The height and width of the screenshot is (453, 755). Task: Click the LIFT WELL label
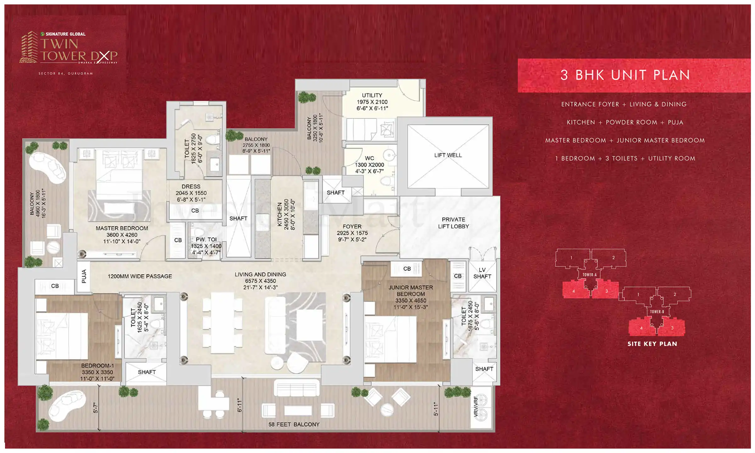tap(448, 155)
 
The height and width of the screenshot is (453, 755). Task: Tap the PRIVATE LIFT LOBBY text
tap(453, 223)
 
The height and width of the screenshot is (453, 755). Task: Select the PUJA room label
tap(84, 276)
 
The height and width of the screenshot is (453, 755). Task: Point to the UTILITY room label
tap(372, 95)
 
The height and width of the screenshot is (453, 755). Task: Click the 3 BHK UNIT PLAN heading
tap(625, 75)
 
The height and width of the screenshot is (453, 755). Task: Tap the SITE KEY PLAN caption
tap(652, 344)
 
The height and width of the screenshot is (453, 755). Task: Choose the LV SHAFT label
tap(482, 273)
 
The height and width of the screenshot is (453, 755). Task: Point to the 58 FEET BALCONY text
tap(294, 424)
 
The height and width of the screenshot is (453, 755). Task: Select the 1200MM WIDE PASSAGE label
tap(140, 276)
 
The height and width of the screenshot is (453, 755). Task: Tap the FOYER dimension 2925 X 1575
tap(352, 233)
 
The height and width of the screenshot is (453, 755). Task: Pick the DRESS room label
tap(191, 187)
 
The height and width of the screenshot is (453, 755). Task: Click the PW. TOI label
tap(206, 239)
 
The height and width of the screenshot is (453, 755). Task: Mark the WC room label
tap(369, 158)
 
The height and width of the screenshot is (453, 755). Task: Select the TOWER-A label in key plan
tap(589, 275)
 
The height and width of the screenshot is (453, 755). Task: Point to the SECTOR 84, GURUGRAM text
tap(65, 74)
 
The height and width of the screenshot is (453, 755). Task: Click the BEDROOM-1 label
tap(98, 366)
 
